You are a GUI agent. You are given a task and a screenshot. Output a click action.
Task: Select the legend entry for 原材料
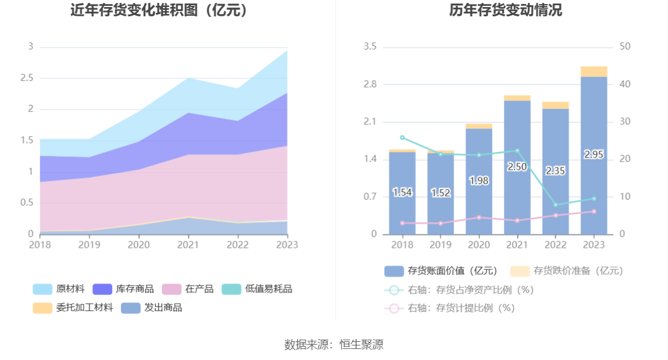tap(59, 289)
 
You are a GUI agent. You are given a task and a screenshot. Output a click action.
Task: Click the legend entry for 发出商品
tap(151, 308)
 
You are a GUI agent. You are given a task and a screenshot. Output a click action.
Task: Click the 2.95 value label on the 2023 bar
tap(594, 155)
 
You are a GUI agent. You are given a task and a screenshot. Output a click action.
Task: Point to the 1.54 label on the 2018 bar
tap(402, 193)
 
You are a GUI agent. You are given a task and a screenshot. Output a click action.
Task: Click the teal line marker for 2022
tap(556, 205)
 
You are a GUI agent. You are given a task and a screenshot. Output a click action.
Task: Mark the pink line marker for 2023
tap(594, 211)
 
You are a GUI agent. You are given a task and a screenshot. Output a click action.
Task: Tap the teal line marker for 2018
tap(402, 137)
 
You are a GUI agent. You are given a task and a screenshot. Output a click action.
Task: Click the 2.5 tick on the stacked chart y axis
tap(27, 78)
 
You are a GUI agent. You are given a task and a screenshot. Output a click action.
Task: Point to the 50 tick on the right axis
tap(625, 47)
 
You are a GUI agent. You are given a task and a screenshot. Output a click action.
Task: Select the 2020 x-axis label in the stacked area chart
tap(138, 245)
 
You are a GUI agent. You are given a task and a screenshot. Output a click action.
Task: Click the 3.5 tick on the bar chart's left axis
tap(370, 47)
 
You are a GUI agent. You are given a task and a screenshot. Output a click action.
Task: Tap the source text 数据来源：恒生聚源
tap(334, 344)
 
